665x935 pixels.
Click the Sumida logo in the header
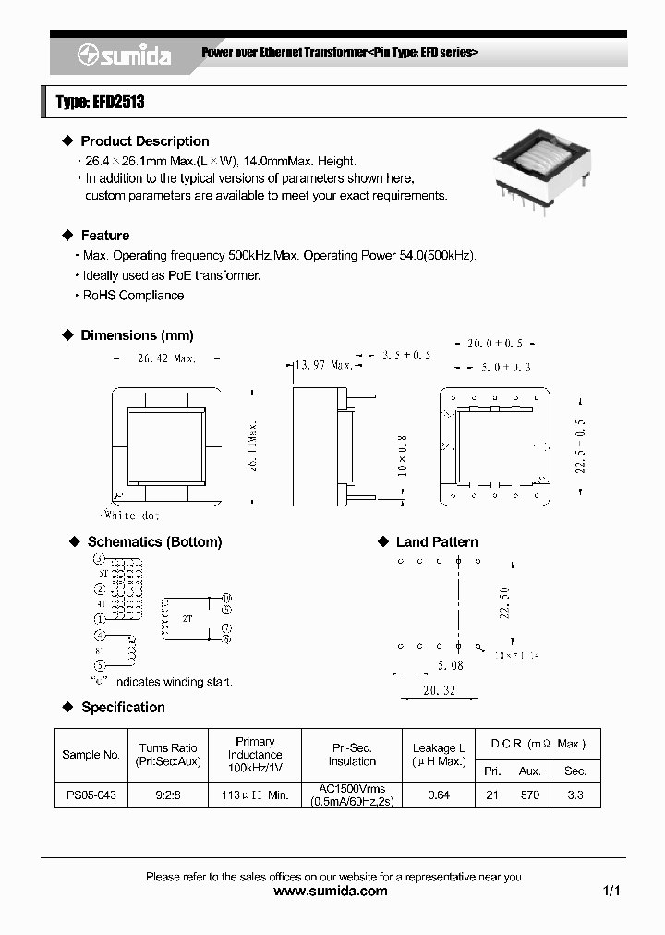(124, 56)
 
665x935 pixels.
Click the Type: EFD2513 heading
(100, 103)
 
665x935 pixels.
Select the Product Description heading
(144, 141)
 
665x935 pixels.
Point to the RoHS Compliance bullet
(133, 296)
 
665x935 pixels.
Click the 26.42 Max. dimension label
(166, 358)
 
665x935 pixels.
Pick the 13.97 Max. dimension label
(320, 365)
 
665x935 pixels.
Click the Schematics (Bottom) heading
(154, 542)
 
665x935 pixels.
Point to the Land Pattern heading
(437, 542)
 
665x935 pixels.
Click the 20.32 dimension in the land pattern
(439, 691)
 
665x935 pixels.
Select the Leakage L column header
(439, 754)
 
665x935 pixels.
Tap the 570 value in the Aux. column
(529, 795)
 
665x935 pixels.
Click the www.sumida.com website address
(332, 892)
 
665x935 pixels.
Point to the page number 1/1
(611, 892)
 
